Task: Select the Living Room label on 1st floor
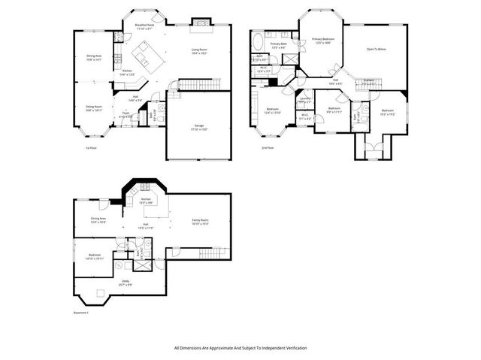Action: coord(200,51)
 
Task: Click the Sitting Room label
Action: coord(94,108)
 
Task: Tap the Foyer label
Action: coord(126,114)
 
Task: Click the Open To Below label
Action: coord(377,49)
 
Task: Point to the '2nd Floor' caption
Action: coord(267,148)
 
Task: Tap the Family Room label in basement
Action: coord(199,221)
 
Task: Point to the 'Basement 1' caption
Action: coord(81,313)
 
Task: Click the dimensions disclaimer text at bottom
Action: coord(240,348)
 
